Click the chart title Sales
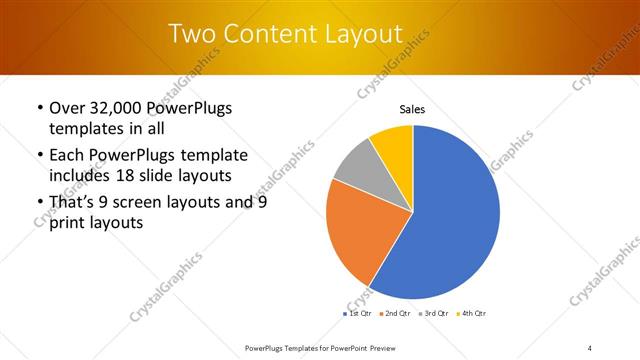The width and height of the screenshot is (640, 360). [x=413, y=109]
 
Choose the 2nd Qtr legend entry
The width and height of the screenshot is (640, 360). [x=395, y=314]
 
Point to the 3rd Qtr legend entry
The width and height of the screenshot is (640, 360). [x=433, y=314]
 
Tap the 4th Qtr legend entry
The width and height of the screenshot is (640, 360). [x=471, y=314]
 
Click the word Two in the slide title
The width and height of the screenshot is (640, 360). [x=193, y=34]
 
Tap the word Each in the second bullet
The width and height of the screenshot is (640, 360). [x=68, y=155]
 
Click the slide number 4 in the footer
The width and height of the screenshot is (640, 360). [x=589, y=347]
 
